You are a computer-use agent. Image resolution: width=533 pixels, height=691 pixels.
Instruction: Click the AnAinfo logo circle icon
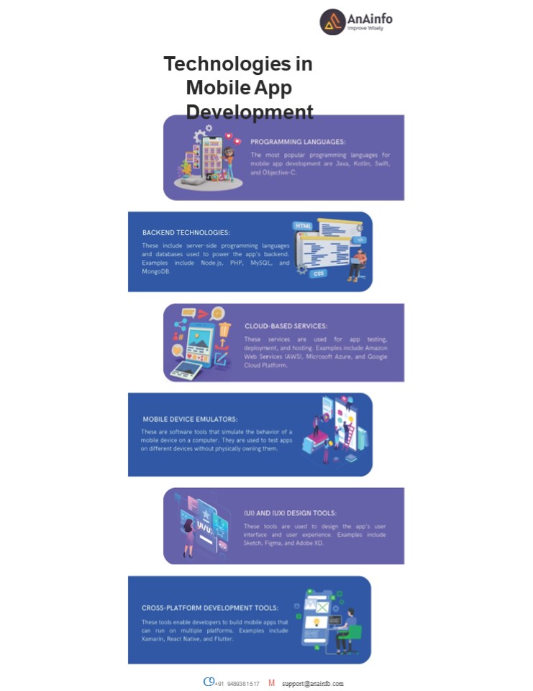(x=332, y=22)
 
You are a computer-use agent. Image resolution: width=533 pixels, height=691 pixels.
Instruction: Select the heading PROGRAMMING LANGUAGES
(x=298, y=142)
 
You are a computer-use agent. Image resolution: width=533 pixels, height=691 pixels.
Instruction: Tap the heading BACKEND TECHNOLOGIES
(x=186, y=232)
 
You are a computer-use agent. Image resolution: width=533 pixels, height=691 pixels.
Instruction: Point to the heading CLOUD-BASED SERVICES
(x=286, y=326)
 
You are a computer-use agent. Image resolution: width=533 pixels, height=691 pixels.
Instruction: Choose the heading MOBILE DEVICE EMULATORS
(x=190, y=419)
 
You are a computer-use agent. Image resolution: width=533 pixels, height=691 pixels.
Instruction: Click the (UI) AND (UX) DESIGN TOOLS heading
(x=290, y=513)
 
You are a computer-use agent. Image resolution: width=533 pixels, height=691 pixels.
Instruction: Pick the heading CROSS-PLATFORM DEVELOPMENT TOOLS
(x=209, y=608)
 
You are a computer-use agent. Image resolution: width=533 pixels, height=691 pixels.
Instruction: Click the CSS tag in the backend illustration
(x=319, y=274)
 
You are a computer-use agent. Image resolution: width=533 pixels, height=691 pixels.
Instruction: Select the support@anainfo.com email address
(x=312, y=683)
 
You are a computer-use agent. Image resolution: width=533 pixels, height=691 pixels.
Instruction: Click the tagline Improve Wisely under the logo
(x=365, y=29)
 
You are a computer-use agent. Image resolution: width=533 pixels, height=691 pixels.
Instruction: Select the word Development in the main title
(x=250, y=112)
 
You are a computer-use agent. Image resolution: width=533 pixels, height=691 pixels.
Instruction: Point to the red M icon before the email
(x=271, y=682)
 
